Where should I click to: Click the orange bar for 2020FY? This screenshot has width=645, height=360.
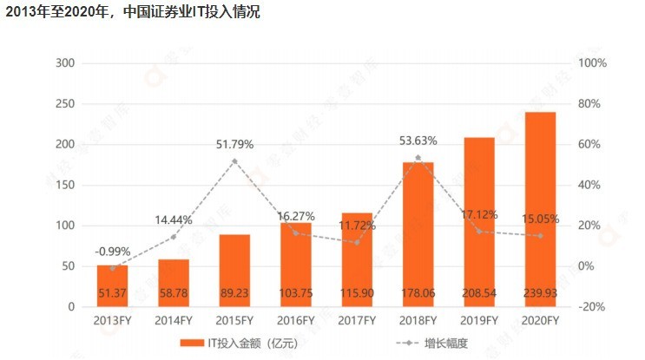(540, 208)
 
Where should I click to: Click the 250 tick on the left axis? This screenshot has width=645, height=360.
(66, 104)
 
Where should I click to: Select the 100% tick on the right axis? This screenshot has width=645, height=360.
(592, 63)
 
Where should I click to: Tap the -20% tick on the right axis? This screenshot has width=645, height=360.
(592, 307)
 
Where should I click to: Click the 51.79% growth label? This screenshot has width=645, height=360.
(234, 145)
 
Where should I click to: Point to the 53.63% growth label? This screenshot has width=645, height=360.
(418, 141)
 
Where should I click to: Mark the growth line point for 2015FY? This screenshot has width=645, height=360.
(234, 161)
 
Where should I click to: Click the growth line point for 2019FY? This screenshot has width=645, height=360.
(479, 231)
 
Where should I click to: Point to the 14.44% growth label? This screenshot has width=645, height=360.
(174, 220)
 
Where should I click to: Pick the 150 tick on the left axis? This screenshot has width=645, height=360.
(66, 185)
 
